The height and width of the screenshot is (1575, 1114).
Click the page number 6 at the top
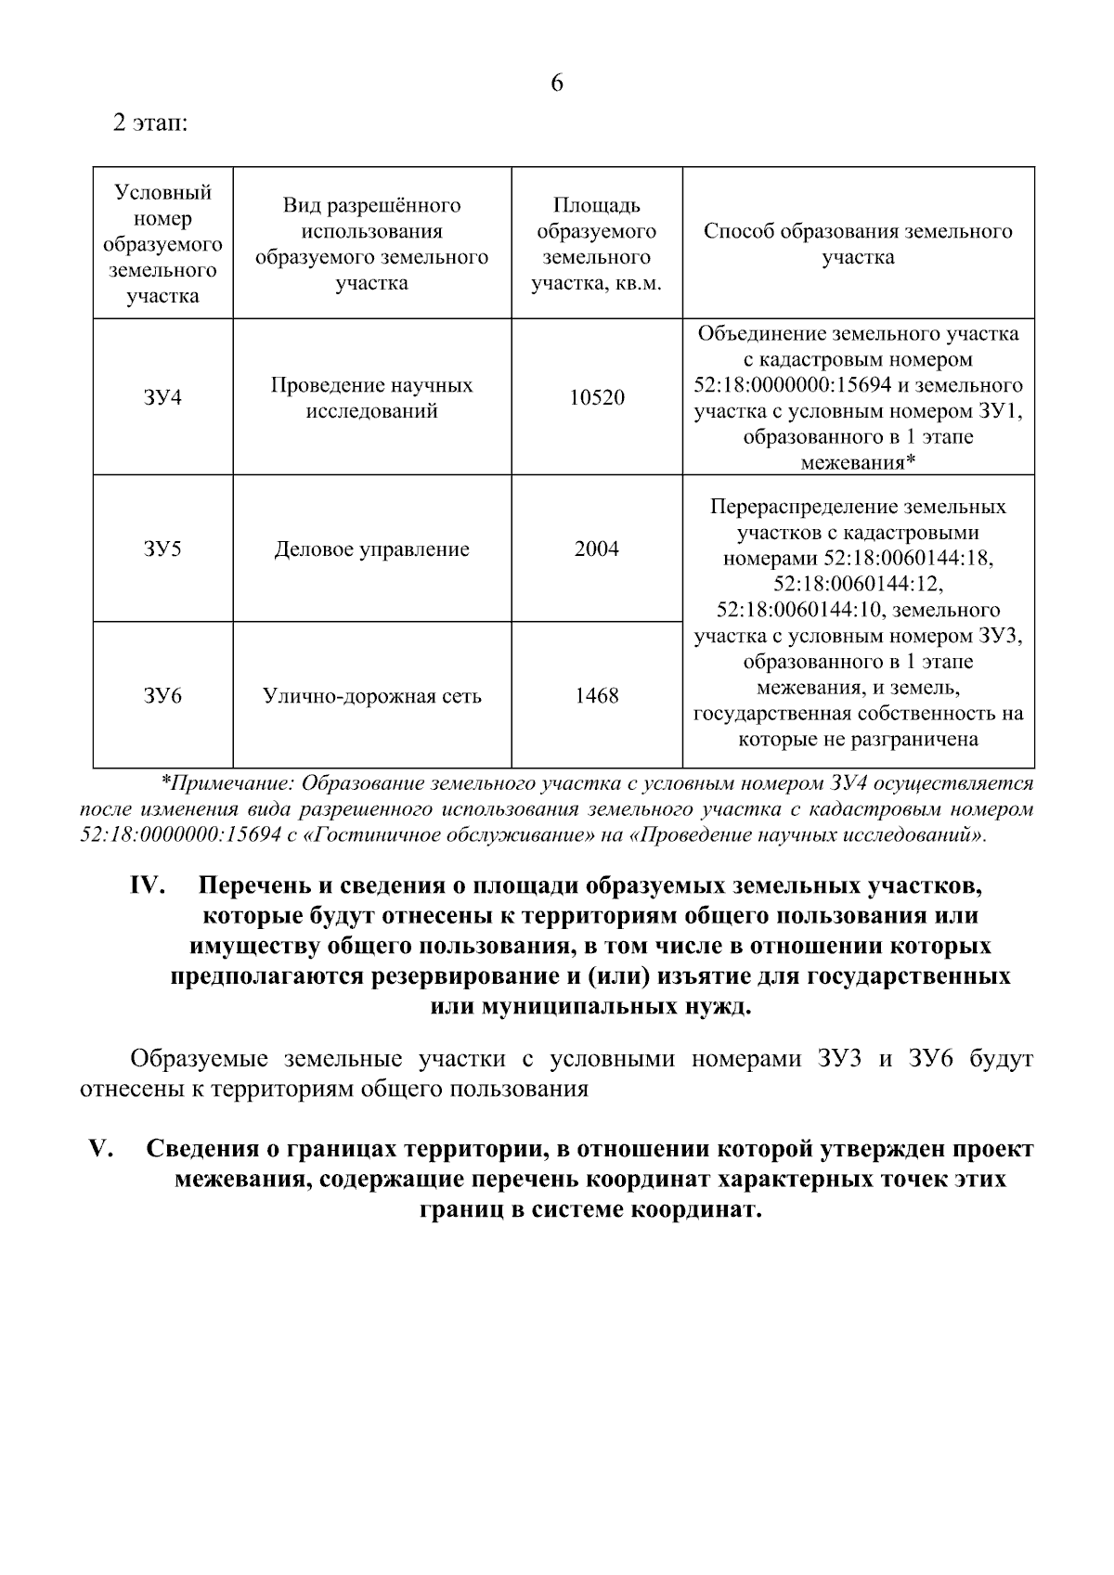click(557, 84)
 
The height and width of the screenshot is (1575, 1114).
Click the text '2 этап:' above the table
click(150, 123)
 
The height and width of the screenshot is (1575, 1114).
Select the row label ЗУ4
click(162, 397)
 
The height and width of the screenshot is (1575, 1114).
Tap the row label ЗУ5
click(162, 549)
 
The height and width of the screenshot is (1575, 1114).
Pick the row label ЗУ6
click(162, 695)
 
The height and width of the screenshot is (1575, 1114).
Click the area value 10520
click(596, 397)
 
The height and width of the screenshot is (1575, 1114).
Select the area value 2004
click(596, 549)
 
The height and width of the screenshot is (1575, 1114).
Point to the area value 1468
click(596, 695)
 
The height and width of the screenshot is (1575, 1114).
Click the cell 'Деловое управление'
click(371, 549)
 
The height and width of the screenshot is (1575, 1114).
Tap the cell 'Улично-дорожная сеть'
click(371, 696)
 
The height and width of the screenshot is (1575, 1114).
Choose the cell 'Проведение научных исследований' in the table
click(371, 397)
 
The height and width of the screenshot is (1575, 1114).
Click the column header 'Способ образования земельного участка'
click(858, 244)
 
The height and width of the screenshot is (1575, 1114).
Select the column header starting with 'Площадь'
click(596, 244)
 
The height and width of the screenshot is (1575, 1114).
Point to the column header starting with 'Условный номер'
click(162, 244)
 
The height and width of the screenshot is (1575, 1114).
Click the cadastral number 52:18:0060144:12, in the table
click(858, 584)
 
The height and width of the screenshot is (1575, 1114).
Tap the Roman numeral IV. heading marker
click(147, 885)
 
